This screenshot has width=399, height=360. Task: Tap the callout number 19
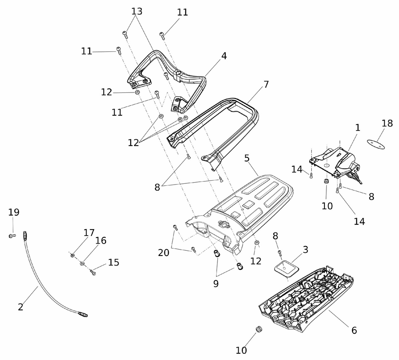(x=14, y=212)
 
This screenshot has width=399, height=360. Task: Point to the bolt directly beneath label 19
(x=12, y=236)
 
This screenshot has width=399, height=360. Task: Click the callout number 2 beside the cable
(x=20, y=307)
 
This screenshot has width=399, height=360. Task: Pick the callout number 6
(x=354, y=330)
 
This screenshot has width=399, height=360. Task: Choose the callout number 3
(x=305, y=250)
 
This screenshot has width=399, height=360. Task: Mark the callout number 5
(x=247, y=158)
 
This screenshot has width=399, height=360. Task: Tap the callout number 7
(x=266, y=85)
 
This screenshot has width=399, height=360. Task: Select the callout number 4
(x=224, y=56)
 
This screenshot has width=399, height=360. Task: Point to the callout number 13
(x=137, y=11)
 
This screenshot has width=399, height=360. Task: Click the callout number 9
(x=216, y=284)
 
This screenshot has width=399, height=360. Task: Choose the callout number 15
(x=114, y=262)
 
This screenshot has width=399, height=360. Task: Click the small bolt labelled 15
(x=93, y=273)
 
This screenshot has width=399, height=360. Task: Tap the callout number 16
(x=101, y=240)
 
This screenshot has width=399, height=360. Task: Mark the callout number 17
(x=89, y=232)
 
